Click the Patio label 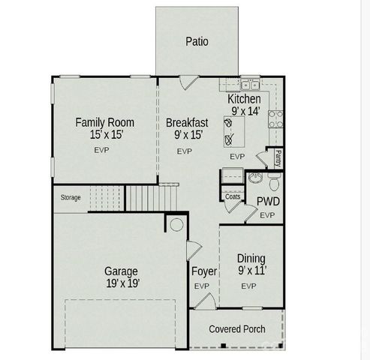point(197,42)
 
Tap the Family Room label point(104,122)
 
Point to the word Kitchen point(244,99)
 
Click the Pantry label point(278,159)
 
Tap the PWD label point(268,201)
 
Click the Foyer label point(203,271)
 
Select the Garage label point(121,271)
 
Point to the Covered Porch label point(236,328)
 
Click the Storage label point(71,198)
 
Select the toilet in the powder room point(273,181)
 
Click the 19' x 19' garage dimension point(121,284)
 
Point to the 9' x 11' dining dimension point(251,271)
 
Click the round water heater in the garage point(178,224)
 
